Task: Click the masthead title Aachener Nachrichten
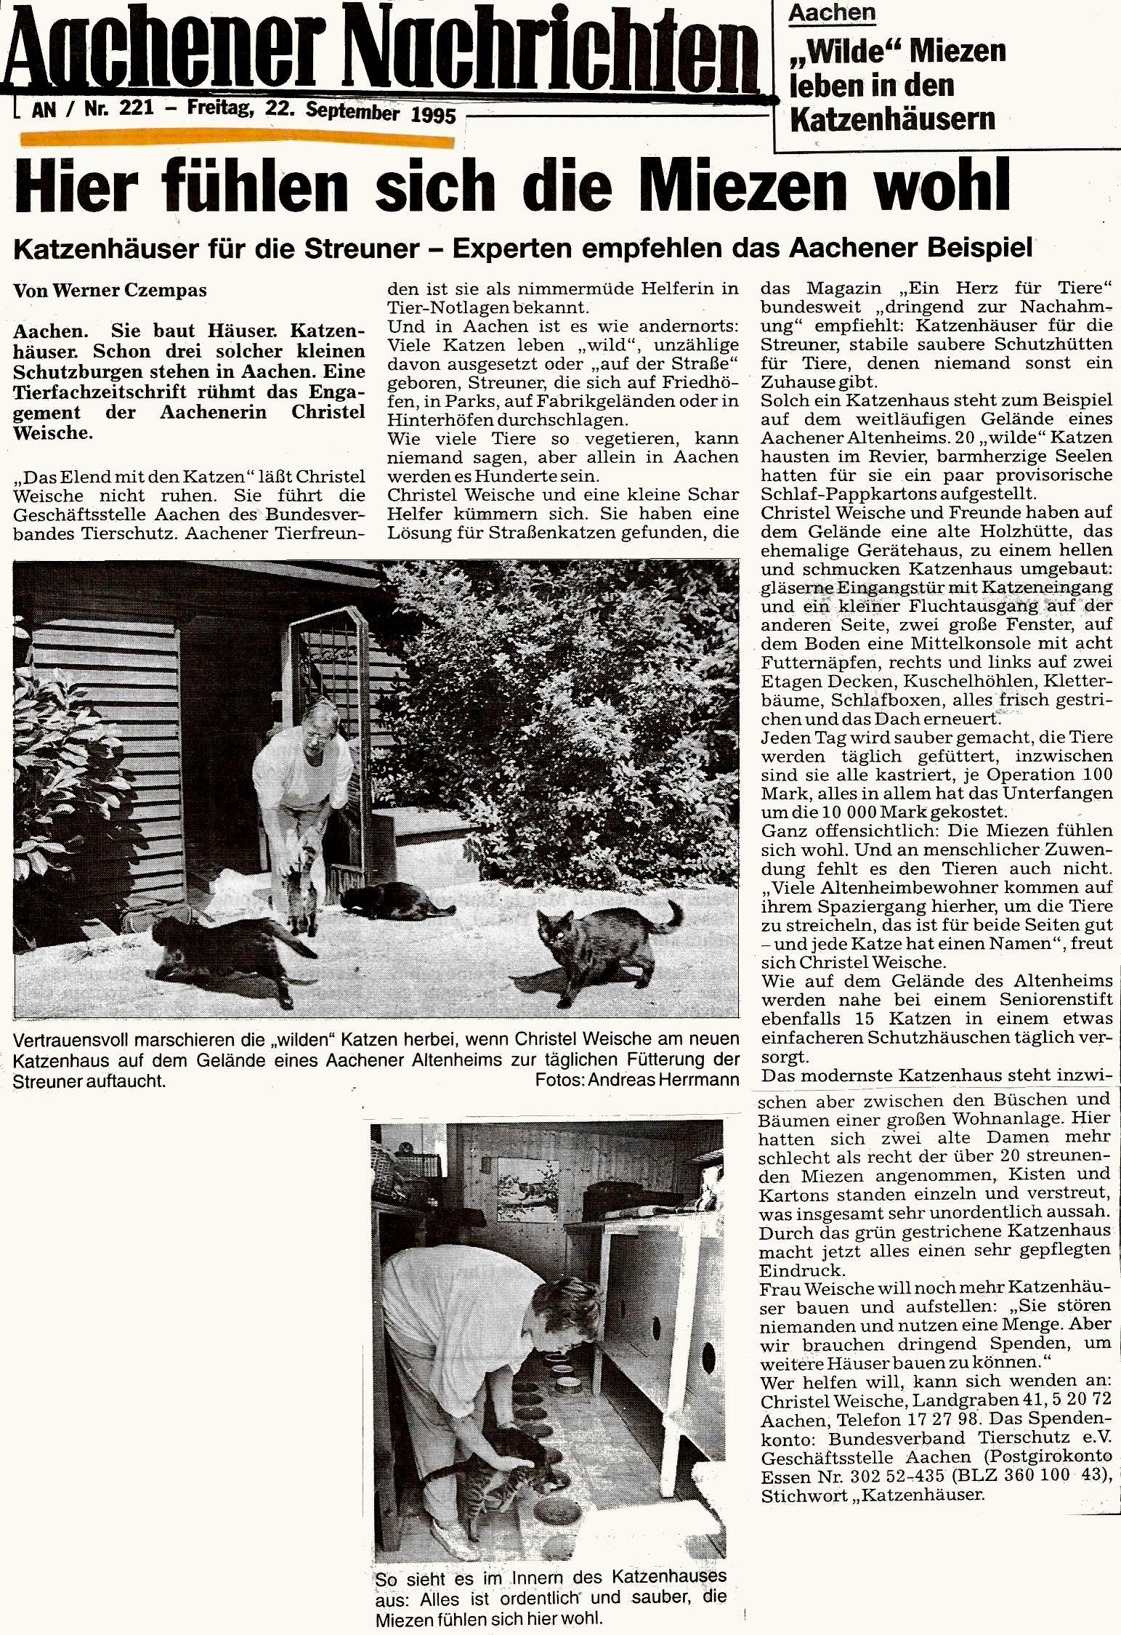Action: point(378,51)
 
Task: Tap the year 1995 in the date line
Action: point(433,116)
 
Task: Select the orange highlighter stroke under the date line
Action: point(236,137)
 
